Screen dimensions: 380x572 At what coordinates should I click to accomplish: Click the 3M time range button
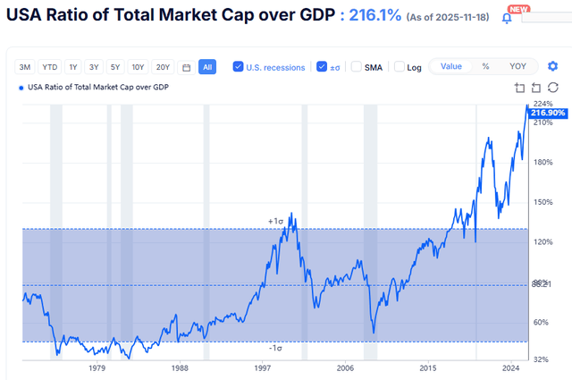click(x=26, y=67)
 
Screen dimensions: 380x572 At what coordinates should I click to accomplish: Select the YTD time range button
click(x=50, y=67)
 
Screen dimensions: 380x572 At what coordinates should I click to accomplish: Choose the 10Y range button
click(x=138, y=67)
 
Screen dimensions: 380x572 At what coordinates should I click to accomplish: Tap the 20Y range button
click(x=163, y=67)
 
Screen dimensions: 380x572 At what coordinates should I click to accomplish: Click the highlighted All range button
click(x=206, y=67)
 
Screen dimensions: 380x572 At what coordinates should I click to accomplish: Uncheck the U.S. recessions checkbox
click(x=238, y=67)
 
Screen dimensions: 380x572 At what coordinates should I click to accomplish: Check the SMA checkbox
click(x=357, y=67)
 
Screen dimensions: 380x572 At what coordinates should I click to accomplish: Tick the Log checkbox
click(x=400, y=67)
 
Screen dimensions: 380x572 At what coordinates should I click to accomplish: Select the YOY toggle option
click(x=517, y=66)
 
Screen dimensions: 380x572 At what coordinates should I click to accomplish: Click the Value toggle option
click(x=451, y=66)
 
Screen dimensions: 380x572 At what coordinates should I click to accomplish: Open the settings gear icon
click(x=553, y=67)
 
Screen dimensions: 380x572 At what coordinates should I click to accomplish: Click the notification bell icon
click(x=507, y=17)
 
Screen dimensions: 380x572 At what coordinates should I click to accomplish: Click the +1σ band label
click(x=275, y=221)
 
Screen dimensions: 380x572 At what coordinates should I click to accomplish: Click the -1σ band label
click(x=275, y=349)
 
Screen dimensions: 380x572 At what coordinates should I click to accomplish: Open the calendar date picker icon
click(x=186, y=67)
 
